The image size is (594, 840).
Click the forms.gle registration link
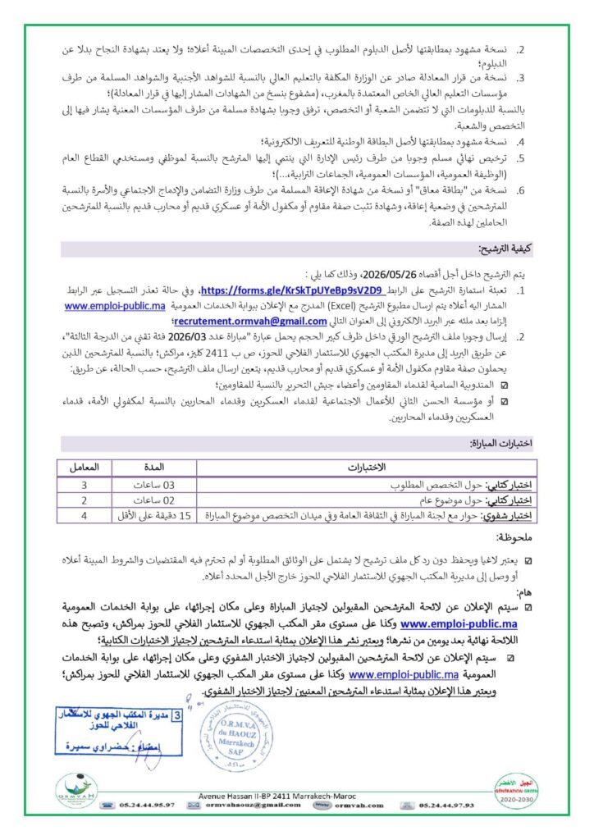tap(270, 290)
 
